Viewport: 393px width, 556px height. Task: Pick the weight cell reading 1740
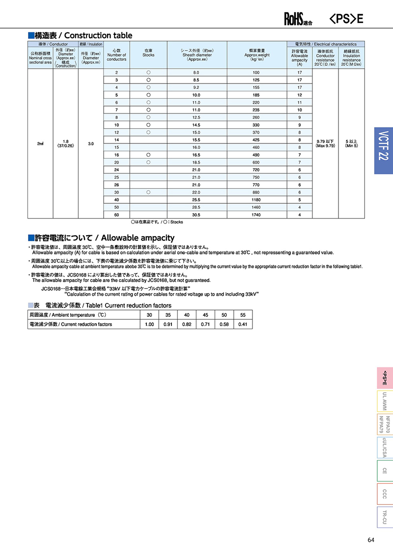pyautogui.click(x=255, y=214)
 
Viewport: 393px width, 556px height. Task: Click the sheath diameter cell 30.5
pyautogui.click(x=196, y=214)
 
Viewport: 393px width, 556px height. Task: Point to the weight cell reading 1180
pyautogui.click(x=255, y=199)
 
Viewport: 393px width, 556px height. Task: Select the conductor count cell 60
pyautogui.click(x=116, y=214)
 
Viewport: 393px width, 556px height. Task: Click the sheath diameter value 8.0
pyautogui.click(x=196, y=72)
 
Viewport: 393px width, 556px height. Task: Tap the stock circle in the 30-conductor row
pyautogui.click(x=148, y=193)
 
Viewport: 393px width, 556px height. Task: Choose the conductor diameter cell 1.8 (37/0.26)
pyautogui.click(x=65, y=143)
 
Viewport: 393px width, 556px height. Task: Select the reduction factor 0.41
pyautogui.click(x=243, y=324)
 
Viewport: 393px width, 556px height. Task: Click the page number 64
pyautogui.click(x=371, y=540)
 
